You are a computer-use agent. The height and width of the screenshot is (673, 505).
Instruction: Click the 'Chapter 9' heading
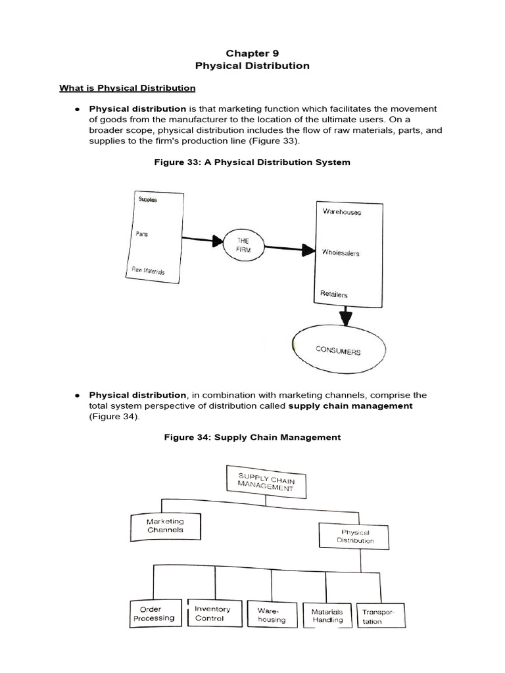pos(252,53)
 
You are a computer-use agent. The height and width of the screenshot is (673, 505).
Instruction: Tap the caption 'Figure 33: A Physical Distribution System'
pos(252,162)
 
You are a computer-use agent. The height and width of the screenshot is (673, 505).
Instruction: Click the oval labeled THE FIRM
pos(244,246)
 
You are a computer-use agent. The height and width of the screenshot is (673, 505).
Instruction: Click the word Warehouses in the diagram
pos(341,212)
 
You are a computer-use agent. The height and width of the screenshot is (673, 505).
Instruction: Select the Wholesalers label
pos(341,253)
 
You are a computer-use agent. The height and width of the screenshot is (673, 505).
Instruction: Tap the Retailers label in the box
pos(334,294)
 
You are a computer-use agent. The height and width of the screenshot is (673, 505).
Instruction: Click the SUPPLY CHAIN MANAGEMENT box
pos(266,480)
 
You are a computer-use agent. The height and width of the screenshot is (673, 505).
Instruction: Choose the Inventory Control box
pos(212,613)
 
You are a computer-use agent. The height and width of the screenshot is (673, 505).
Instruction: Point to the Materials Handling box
pos(327,615)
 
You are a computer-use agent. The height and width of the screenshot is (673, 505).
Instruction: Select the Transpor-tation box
pos(379,616)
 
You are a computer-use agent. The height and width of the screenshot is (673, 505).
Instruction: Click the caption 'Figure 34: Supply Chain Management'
pos(252,437)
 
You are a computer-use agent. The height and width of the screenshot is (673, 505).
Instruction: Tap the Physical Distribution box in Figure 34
pos(355,536)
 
